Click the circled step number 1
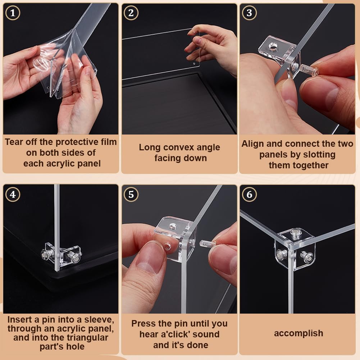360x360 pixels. coord(13,13)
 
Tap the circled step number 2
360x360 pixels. coord(131,13)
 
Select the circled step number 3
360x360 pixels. coord(249,13)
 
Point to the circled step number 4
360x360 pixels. coord(13,195)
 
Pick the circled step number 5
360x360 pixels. coord(131,195)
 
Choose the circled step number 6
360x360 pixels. coord(249,195)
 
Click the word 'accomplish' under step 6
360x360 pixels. coord(299,333)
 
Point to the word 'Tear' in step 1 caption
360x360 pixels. coord(14,142)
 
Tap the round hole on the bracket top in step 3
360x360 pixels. coord(273,47)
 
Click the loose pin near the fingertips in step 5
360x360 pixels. coord(208,243)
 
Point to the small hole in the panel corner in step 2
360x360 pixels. coord(194,64)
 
